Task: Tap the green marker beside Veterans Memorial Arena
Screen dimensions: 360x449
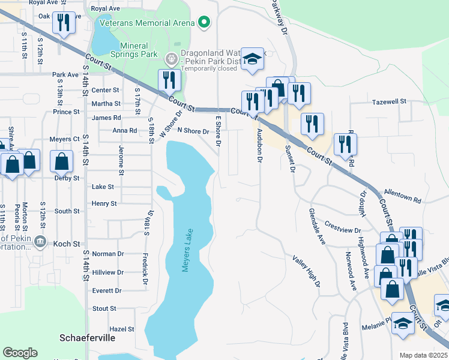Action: click(204, 23)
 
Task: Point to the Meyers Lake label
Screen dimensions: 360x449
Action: click(188, 250)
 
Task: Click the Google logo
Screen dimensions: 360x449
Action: click(20, 353)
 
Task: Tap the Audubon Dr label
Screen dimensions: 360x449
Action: click(260, 146)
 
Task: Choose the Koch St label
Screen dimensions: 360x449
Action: click(67, 244)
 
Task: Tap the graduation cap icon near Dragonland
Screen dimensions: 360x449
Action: click(253, 59)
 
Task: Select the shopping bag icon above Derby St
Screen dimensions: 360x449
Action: click(62, 161)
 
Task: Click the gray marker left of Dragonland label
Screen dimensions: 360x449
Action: click(171, 58)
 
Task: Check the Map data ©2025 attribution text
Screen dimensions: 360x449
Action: click(423, 355)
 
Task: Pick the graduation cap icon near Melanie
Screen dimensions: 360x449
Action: click(403, 325)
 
